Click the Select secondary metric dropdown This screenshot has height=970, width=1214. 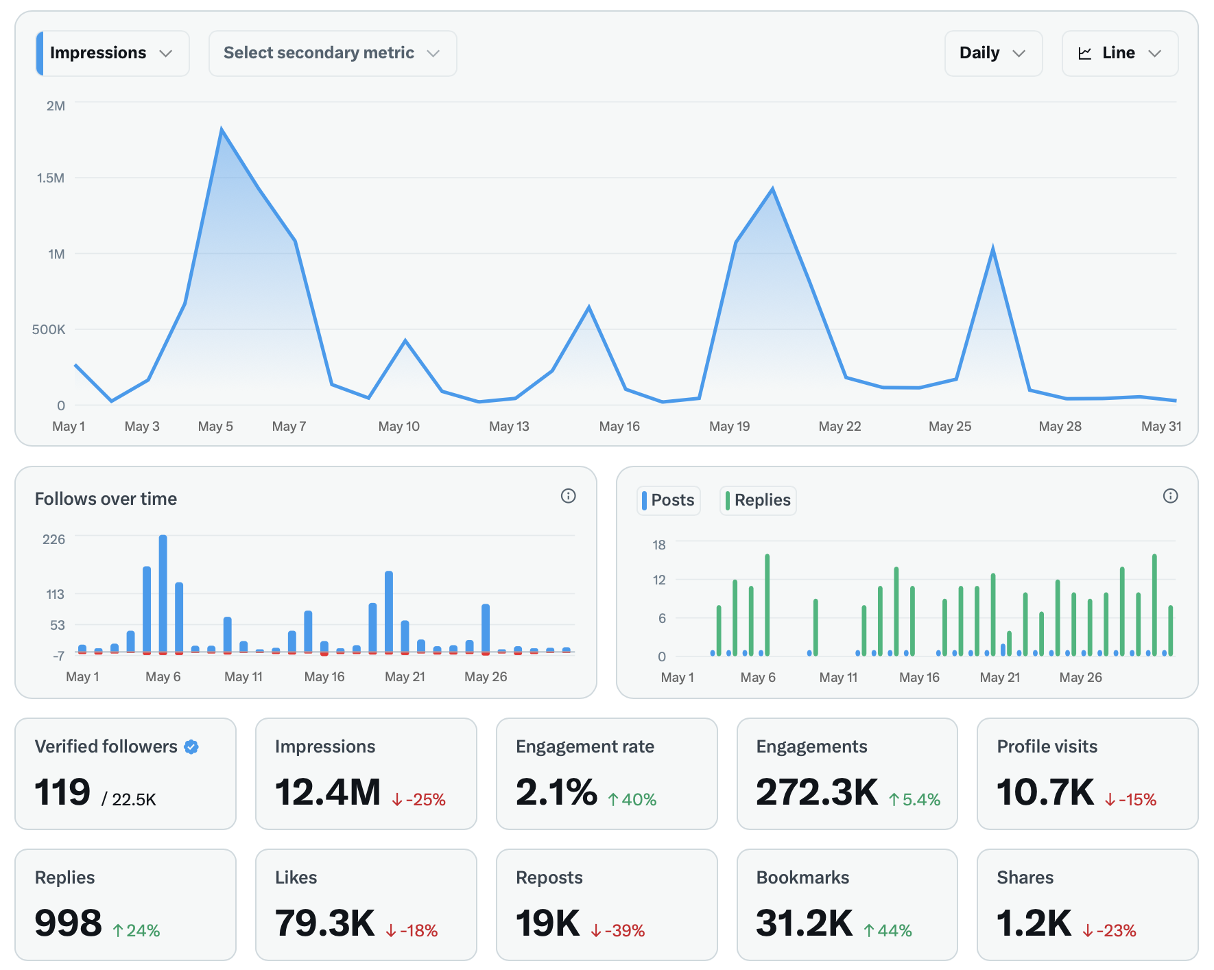pyautogui.click(x=332, y=54)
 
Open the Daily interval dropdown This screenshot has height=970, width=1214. pyautogui.click(x=992, y=54)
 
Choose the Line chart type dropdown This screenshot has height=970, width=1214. pyautogui.click(x=1119, y=54)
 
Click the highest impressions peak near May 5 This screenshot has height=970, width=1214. pyautogui.click(x=222, y=130)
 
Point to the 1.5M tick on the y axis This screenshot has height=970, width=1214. pyautogui.click(x=51, y=178)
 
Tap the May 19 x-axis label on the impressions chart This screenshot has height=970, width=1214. pyautogui.click(x=729, y=427)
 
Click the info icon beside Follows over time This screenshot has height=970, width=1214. pyautogui.click(x=568, y=496)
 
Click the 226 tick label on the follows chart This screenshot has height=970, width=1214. pyautogui.click(x=53, y=540)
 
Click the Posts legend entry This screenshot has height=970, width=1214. pyautogui.click(x=669, y=500)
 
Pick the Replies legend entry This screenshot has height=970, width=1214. pyautogui.click(x=758, y=500)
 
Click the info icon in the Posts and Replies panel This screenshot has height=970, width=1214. pyautogui.click(x=1170, y=496)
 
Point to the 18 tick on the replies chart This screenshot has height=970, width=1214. pyautogui.click(x=658, y=545)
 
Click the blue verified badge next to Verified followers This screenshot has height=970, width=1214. pyautogui.click(x=191, y=747)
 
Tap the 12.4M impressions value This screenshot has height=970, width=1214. pyautogui.click(x=328, y=793)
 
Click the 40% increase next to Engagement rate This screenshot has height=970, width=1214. pyautogui.click(x=632, y=800)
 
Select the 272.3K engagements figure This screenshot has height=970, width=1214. pyautogui.click(x=816, y=793)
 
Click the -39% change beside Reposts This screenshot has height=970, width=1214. pyautogui.click(x=618, y=931)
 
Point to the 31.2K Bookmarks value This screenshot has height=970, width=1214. pyautogui.click(x=804, y=924)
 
